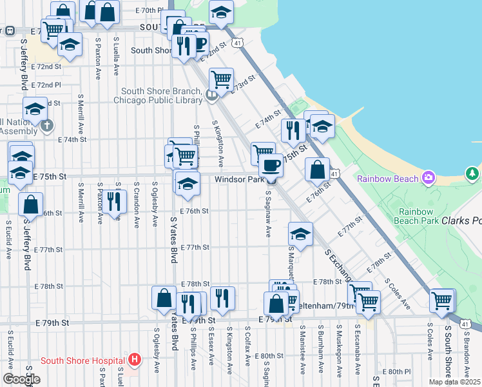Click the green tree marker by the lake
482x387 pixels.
click(x=472, y=174)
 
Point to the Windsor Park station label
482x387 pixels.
click(x=239, y=180)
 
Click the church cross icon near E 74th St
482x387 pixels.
click(x=46, y=126)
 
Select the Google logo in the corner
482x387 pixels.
click(x=21, y=379)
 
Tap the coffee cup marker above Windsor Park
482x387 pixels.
click(x=271, y=165)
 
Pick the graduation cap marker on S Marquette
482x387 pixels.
click(x=300, y=233)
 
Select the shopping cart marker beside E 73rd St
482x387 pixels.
click(x=222, y=80)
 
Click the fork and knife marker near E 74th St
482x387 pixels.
click(x=293, y=130)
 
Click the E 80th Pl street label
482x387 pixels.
click(x=396, y=372)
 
